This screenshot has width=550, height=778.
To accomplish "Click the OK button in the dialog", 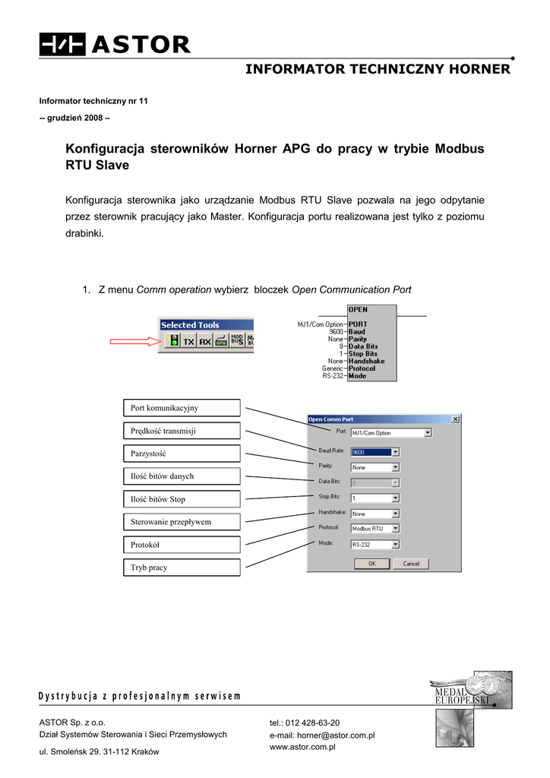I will [372, 564].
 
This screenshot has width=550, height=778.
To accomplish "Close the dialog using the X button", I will [455, 419].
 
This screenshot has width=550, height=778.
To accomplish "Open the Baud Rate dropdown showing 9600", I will [375, 451].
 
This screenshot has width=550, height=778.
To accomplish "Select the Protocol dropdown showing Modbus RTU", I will [375, 528].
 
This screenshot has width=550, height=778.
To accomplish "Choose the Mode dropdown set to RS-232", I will [375, 544].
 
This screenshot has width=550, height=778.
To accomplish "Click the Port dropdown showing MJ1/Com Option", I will [390, 433].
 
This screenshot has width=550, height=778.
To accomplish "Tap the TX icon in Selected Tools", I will [188, 342].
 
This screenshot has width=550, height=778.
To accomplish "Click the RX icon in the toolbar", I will [204, 342].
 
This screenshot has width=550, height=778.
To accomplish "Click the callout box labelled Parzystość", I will [182, 454].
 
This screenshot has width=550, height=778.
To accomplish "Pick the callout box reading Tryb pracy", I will [182, 568].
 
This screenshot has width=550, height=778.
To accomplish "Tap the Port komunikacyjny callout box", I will [182, 408].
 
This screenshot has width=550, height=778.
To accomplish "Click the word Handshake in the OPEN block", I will [366, 361].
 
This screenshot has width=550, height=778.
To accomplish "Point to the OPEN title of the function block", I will [358, 309].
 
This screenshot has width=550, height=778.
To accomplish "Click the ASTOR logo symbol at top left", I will [63, 45].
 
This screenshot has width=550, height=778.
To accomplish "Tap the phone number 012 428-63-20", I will [312, 723].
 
